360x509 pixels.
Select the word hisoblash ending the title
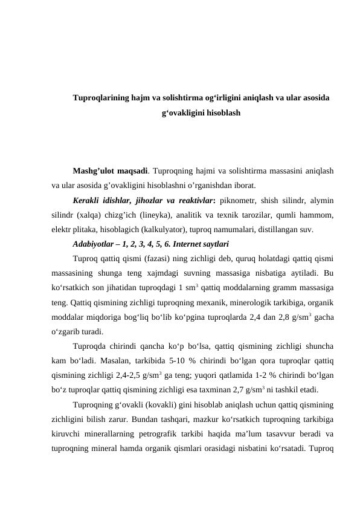click(x=222, y=113)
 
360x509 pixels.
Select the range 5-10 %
click(x=170, y=361)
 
